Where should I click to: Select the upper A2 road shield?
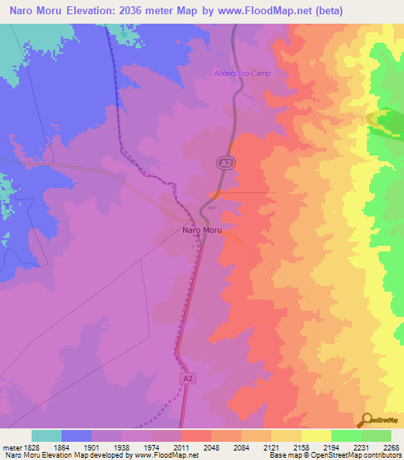tap(225, 162)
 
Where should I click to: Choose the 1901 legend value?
tap(92, 447)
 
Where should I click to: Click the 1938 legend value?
tap(122, 447)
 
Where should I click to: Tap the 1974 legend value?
tap(151, 447)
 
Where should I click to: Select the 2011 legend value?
tap(181, 447)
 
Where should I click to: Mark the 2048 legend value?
tap(211, 447)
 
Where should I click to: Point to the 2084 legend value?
tap(241, 447)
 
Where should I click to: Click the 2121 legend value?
tap(271, 447)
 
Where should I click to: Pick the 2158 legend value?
tap(301, 447)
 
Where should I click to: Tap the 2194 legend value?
tap(331, 447)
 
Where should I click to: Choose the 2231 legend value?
tap(361, 447)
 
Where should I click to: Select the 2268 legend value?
tap(391, 447)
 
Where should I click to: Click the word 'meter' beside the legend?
tap(11, 447)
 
